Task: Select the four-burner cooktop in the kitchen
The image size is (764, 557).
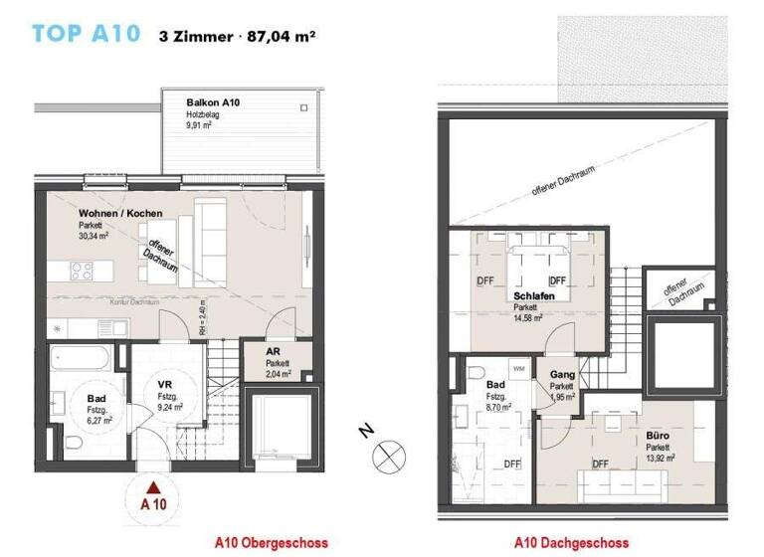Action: coord(81,271)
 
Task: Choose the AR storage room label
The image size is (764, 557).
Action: coord(278,352)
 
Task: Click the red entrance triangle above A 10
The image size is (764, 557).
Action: coord(152,487)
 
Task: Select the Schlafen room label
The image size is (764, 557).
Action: coord(534,296)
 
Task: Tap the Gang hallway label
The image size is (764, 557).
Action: coord(562,375)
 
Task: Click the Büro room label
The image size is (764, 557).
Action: coord(657,436)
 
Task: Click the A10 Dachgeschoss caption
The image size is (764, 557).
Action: coord(571,543)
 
